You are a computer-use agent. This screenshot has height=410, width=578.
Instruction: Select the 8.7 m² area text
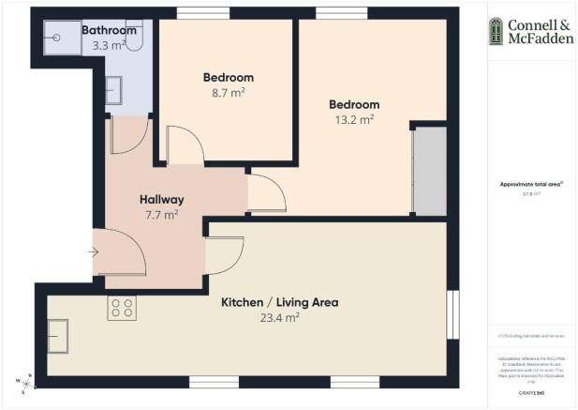(x=229, y=93)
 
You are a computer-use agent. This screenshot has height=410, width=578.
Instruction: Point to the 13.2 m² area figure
(x=354, y=119)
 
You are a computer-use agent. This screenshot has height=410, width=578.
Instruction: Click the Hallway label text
(x=161, y=200)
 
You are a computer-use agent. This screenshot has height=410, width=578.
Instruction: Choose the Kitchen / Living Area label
(x=279, y=303)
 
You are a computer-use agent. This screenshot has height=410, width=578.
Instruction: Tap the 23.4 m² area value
(x=279, y=318)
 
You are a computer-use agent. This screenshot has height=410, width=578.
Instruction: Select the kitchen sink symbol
(x=58, y=331)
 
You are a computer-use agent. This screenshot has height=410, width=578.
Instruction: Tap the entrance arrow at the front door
(x=93, y=251)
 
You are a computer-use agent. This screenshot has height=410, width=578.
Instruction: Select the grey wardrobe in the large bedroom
(x=429, y=171)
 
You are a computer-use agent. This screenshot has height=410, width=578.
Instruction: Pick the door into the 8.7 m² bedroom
(x=185, y=145)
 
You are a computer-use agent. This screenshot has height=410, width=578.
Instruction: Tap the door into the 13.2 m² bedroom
(x=267, y=193)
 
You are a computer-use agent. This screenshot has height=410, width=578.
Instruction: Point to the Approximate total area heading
(x=530, y=185)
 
